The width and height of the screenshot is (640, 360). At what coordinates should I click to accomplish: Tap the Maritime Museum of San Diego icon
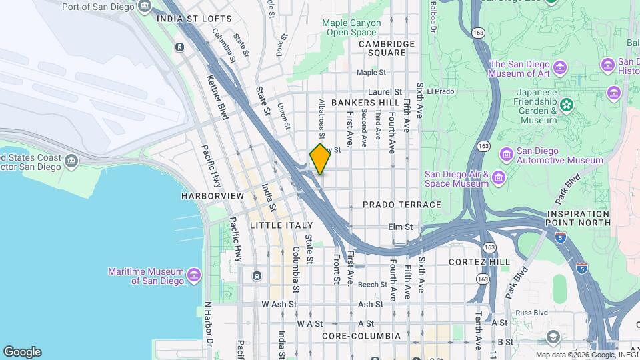pos(194,275)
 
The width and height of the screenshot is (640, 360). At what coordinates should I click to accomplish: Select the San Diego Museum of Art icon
pos(559,69)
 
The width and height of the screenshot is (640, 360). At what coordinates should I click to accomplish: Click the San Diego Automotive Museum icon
pos(506,155)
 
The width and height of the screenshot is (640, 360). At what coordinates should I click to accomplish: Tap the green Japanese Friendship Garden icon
pos(566,105)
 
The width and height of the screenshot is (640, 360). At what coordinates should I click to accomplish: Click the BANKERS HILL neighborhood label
pos(365,103)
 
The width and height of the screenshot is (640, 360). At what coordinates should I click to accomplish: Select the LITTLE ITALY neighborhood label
pos(281,226)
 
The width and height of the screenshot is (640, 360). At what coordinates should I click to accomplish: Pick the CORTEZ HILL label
pos(479,262)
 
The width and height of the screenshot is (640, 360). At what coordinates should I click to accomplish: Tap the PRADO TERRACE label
pos(402,205)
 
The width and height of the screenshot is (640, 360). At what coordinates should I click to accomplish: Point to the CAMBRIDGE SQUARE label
pos(387,48)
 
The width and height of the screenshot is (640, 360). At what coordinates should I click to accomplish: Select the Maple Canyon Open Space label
pos(351,27)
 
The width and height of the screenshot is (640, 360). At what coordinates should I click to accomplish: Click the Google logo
pos(22,351)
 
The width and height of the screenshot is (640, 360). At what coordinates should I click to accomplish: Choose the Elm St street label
pos(401,227)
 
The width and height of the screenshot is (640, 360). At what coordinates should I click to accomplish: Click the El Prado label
pos(440,91)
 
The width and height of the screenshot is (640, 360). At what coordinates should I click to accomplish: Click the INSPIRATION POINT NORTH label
pos(578,218)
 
